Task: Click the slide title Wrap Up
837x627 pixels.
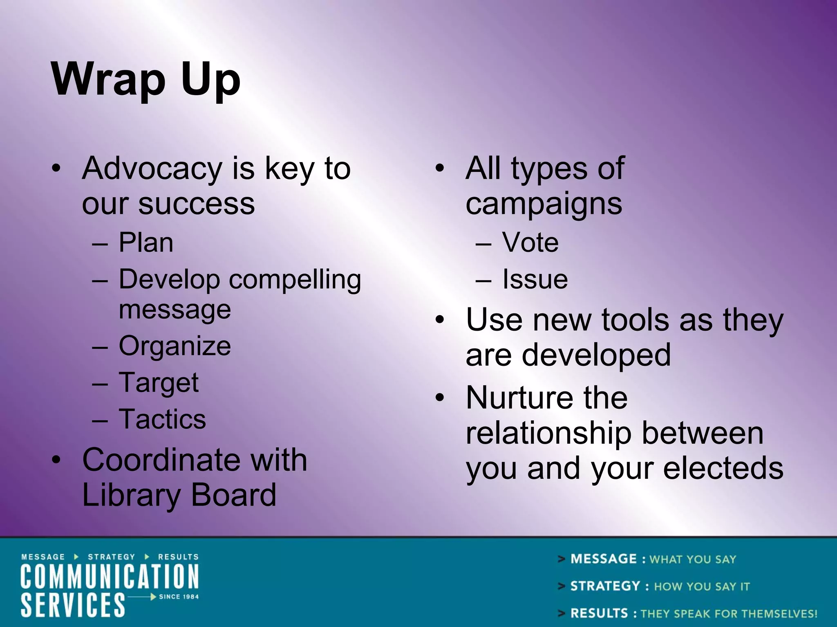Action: click(x=145, y=80)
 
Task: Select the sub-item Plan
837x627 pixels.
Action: click(x=146, y=243)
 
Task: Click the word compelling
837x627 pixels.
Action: click(x=295, y=280)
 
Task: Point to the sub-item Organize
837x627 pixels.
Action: click(x=175, y=346)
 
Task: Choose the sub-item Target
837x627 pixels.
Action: click(x=159, y=383)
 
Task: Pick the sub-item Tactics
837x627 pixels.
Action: click(x=162, y=419)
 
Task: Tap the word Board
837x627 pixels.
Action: click(x=233, y=495)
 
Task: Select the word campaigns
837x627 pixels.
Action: click(x=544, y=204)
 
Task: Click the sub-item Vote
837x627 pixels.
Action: click(x=530, y=243)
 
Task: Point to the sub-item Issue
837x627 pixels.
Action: click(x=535, y=280)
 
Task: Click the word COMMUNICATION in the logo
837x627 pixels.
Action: click(x=110, y=577)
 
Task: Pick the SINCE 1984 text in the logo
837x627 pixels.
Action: click(x=179, y=597)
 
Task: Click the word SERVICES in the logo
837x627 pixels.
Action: click(x=73, y=605)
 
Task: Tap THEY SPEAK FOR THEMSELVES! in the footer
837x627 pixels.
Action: click(x=729, y=614)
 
